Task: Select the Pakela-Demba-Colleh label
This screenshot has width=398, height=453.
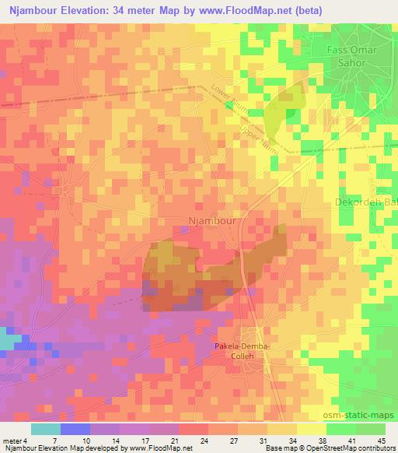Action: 247,350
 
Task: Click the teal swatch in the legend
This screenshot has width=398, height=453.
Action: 46,429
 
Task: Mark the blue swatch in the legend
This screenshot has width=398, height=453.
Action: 75,429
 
